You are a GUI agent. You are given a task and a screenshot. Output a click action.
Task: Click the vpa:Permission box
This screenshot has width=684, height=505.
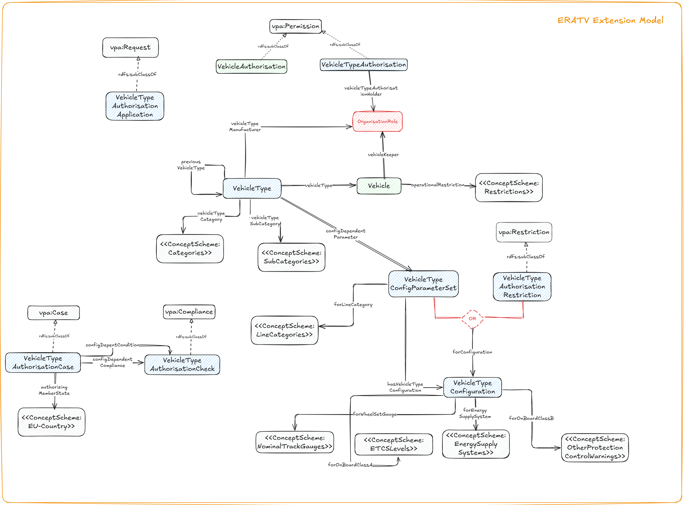(x=295, y=26)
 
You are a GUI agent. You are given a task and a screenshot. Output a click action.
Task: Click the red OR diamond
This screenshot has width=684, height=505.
(x=472, y=319)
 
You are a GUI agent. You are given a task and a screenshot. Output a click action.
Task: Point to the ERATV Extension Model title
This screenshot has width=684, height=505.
(x=610, y=20)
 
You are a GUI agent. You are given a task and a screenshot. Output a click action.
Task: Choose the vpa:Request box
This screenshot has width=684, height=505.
(x=130, y=47)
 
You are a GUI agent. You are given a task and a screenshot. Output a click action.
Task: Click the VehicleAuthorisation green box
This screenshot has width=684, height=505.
(x=251, y=66)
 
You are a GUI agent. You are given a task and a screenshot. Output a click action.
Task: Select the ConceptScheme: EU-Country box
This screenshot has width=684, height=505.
(x=51, y=422)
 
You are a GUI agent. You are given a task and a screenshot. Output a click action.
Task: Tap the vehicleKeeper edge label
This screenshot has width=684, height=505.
(x=383, y=155)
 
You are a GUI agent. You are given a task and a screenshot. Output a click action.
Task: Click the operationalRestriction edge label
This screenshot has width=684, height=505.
(x=438, y=185)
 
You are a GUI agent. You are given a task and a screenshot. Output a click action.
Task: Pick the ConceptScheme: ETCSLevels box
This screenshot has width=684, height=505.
(x=393, y=444)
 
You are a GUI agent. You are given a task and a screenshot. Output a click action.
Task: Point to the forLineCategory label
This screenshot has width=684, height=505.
(x=353, y=304)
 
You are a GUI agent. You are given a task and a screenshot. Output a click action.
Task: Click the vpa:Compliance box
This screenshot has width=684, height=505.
(x=189, y=312)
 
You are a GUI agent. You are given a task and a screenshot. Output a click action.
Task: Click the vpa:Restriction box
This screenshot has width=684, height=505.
(x=524, y=232)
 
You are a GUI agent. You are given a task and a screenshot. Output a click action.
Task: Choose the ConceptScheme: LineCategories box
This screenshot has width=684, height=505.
(x=284, y=330)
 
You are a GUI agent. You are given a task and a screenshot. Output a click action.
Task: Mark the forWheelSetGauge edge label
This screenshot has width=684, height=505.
(x=375, y=414)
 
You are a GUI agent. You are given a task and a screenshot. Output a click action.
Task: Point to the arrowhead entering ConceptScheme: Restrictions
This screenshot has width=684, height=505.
(x=473, y=185)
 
